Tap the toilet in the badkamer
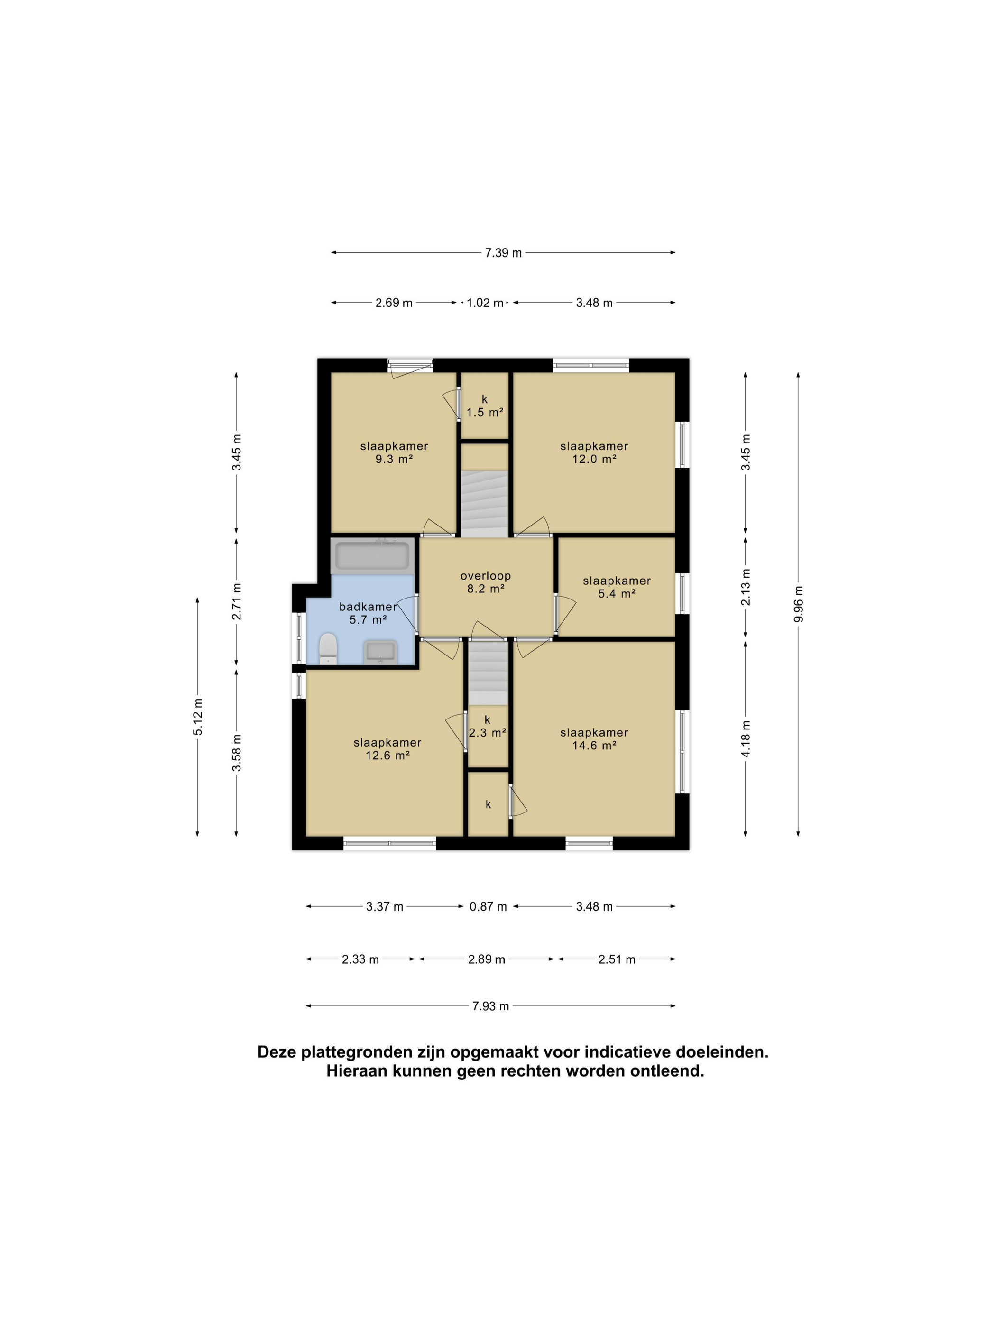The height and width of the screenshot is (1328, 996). (328, 648)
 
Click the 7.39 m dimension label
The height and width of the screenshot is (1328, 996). (503, 253)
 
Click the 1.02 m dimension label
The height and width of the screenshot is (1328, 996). (485, 303)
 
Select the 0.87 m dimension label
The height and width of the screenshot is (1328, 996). (488, 906)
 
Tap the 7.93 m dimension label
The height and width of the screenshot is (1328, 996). (490, 1006)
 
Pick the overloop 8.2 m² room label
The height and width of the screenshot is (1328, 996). (486, 582)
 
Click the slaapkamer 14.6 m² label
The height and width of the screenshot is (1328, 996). (594, 738)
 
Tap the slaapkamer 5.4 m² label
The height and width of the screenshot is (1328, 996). (617, 587)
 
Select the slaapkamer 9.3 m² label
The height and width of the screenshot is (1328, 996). (394, 452)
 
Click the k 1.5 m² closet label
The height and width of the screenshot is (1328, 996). (485, 406)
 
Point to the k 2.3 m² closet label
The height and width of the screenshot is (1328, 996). (487, 727)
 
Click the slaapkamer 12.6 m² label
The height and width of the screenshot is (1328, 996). (387, 748)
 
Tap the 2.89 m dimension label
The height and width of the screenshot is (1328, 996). (486, 959)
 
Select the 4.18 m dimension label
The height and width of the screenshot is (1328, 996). (746, 738)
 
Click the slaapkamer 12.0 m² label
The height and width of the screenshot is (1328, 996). (594, 452)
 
